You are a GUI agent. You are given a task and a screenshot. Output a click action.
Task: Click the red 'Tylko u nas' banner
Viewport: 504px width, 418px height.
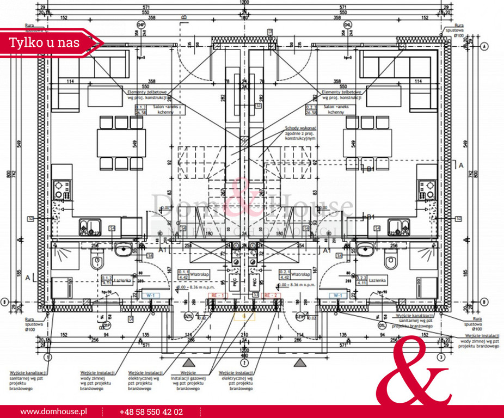[x=44, y=42]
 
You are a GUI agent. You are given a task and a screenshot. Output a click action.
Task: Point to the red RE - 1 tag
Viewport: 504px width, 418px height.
[x=218, y=295]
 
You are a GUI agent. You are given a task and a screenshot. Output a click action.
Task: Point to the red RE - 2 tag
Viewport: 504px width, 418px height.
[x=271, y=295]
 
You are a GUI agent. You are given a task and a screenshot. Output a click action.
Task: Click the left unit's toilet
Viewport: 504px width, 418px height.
[x=98, y=261]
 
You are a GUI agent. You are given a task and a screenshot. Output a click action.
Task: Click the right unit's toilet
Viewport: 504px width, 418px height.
[x=390, y=261]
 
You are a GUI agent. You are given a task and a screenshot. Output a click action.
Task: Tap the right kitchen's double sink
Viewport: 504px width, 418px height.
[x=398, y=226]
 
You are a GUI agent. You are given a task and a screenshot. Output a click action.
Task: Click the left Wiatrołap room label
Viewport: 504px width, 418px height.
[x=191, y=274]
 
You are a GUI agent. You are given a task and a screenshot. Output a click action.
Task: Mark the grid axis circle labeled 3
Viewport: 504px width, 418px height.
[x=441, y=357]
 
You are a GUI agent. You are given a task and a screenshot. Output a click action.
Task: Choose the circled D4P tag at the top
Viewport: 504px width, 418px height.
[x=142, y=24]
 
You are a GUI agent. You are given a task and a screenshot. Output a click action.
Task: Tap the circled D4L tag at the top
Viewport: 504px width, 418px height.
[x=347, y=24]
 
